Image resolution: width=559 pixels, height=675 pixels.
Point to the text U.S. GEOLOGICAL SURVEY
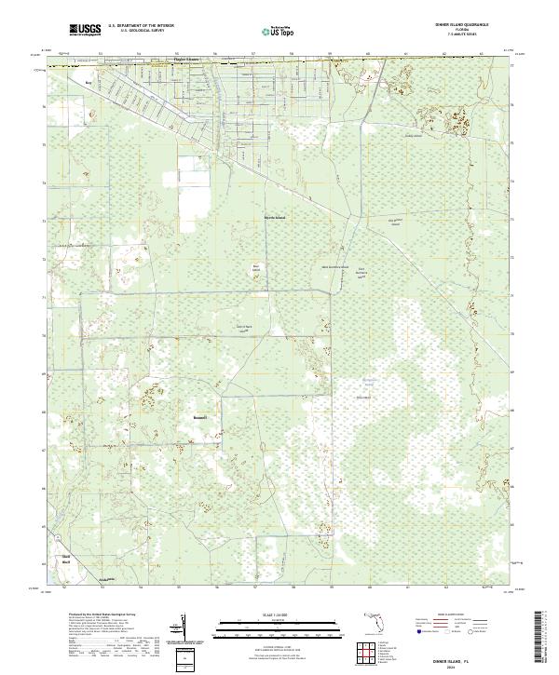(x=141, y=32)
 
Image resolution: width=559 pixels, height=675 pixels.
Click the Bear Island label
(x=256, y=269)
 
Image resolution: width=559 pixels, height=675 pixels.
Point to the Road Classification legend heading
(x=455, y=615)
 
